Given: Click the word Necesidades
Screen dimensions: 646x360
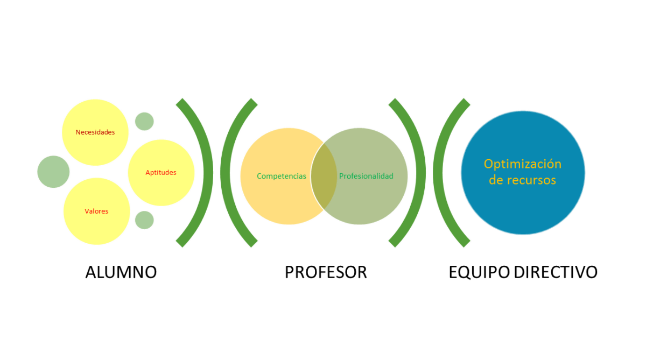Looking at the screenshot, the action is (x=95, y=132).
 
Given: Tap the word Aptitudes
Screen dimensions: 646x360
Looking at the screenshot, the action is (x=161, y=173).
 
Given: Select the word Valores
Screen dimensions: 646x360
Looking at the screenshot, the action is (x=96, y=211).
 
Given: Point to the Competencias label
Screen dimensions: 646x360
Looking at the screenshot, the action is (x=282, y=176).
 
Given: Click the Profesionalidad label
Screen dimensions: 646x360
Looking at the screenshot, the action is (x=366, y=176).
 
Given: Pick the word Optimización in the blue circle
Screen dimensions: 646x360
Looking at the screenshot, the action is (x=523, y=164).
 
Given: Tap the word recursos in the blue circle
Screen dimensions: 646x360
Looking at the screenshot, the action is (x=531, y=180).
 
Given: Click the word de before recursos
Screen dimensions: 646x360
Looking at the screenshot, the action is (x=496, y=180).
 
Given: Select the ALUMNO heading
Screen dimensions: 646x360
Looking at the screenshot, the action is (x=121, y=272).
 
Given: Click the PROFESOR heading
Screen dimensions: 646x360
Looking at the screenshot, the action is (x=326, y=272).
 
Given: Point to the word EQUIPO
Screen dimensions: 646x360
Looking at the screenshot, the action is (x=479, y=272).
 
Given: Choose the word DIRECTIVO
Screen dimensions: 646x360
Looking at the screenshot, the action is (x=556, y=272).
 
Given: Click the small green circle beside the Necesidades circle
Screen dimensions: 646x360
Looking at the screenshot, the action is (x=144, y=121).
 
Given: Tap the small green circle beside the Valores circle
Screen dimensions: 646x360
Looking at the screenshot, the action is (x=144, y=220).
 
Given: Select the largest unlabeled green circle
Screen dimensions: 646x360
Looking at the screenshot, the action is (x=53, y=172).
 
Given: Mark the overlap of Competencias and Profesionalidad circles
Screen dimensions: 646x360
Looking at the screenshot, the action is (x=324, y=176).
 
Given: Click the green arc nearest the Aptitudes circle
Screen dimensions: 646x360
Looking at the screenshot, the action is (x=208, y=173).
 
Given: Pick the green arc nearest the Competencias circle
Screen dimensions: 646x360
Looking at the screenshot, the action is (x=225, y=173).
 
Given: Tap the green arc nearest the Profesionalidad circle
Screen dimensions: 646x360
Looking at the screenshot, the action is (x=421, y=173).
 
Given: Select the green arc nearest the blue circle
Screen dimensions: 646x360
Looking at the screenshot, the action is (x=438, y=173).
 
